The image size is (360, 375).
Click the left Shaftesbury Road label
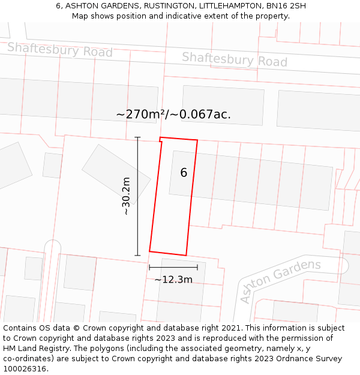[x=59, y=50]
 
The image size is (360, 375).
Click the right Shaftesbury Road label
[x=235, y=59]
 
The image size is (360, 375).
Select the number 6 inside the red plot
[x=184, y=173]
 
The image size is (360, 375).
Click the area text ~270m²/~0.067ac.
[x=173, y=114]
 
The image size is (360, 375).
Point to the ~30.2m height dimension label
[x=126, y=196]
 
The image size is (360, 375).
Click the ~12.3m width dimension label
[x=173, y=280]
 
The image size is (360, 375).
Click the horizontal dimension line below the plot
[x=173, y=267]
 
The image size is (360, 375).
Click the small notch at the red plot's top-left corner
[x=161, y=140]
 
